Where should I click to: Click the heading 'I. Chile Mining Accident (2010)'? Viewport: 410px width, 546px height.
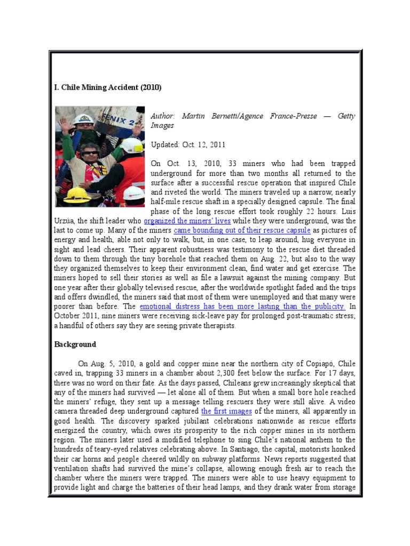coord(108,87)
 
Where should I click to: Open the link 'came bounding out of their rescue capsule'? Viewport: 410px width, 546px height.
coord(242,230)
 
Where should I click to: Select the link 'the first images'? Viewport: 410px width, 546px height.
coord(218,412)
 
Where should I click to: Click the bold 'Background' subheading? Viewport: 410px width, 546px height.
coord(75,344)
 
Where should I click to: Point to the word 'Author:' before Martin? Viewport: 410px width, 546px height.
coord(163,116)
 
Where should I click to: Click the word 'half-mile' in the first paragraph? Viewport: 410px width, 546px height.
coord(167,202)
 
